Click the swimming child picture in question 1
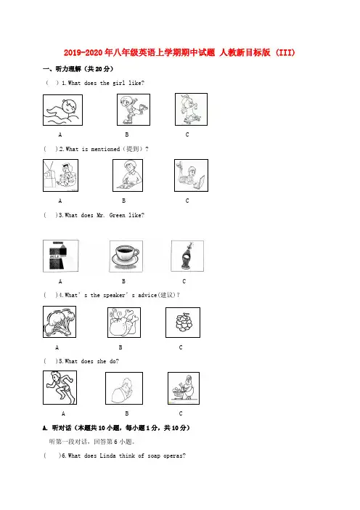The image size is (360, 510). [x=62, y=110]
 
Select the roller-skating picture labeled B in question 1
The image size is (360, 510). [x=134, y=110]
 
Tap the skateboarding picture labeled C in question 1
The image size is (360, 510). [x=191, y=109]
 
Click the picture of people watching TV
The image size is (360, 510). [x=61, y=175]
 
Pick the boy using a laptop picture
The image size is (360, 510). [x=191, y=175]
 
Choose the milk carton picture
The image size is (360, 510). [x=61, y=256]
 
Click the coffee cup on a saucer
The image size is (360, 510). [x=126, y=256]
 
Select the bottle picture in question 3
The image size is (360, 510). [x=187, y=256]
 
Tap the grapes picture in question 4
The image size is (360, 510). [x=183, y=323]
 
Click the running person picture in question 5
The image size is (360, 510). [x=60, y=388]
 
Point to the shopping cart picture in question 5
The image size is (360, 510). [x=184, y=389]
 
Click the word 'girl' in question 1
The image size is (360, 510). [x=118, y=83]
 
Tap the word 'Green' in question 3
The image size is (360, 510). [x=118, y=215]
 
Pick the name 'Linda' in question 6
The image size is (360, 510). [x=107, y=456]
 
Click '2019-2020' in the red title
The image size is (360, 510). [x=83, y=52]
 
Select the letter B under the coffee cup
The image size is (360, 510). [x=123, y=281]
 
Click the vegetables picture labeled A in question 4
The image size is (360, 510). [x=60, y=322]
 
